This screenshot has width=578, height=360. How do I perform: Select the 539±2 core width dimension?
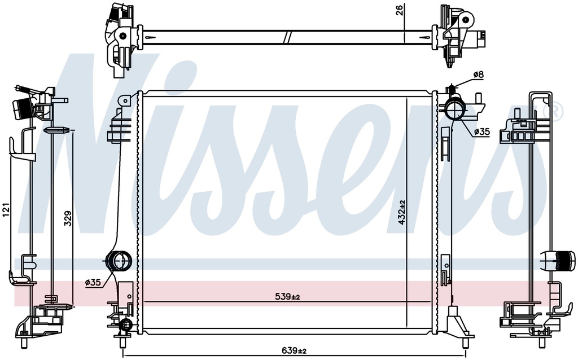287,297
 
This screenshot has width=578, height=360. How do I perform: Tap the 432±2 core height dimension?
401,213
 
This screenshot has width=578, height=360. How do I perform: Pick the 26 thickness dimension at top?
400,10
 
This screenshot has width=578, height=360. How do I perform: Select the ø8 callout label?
478,74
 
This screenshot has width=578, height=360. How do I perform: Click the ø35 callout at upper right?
482,131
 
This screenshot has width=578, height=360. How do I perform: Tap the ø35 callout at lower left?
93,283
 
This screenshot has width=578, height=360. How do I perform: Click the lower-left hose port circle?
119,262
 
